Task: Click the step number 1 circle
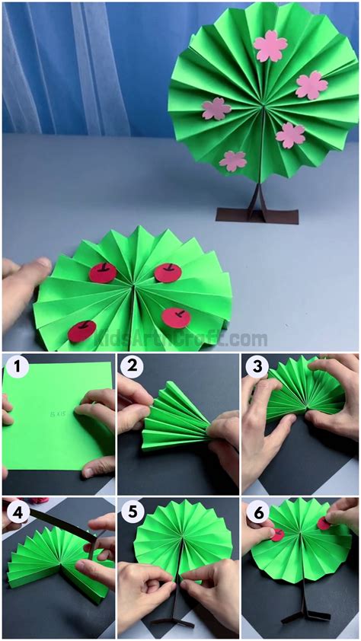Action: coord(16,368)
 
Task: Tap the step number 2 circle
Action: coord(131,368)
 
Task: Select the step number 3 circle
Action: coord(256,368)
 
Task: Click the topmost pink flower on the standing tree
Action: coord(270,46)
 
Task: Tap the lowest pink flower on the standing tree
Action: coord(233,160)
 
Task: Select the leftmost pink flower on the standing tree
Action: coord(216,109)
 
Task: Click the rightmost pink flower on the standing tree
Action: coord(311,85)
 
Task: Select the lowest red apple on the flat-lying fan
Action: coord(81,331)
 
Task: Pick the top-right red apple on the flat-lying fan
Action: coord(168,272)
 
